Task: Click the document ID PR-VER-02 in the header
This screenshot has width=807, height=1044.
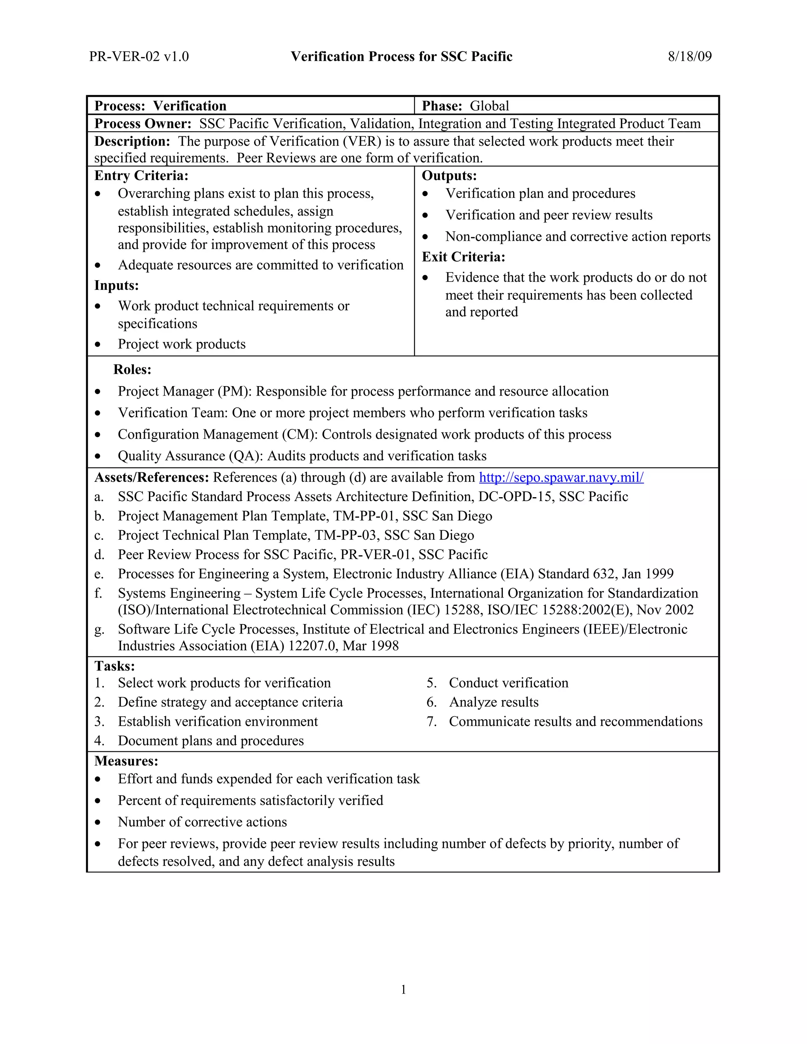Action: (x=124, y=56)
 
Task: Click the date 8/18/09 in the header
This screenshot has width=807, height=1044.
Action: (x=690, y=56)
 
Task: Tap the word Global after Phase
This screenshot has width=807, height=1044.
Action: (x=489, y=106)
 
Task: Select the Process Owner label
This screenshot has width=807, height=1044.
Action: (x=143, y=123)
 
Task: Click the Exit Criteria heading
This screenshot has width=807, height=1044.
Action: (x=463, y=257)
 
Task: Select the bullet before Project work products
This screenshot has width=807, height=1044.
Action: (x=98, y=345)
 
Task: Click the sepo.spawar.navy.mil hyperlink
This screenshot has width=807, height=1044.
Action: (x=561, y=477)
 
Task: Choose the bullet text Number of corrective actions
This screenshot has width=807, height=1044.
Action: (x=202, y=822)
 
